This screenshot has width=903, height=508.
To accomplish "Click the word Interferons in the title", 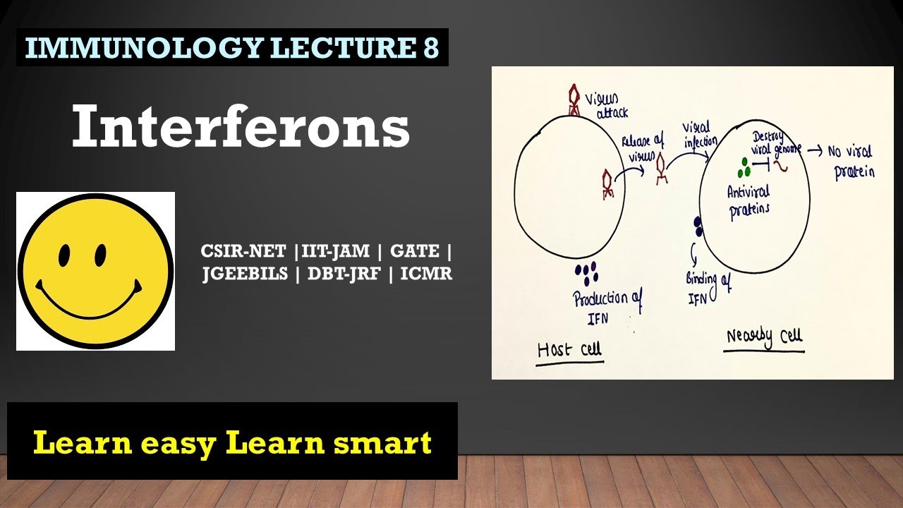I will pyautogui.click(x=241, y=127).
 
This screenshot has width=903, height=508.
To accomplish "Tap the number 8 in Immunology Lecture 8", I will pyautogui.click(x=431, y=47).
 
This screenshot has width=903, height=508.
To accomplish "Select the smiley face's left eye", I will pyautogui.click(x=64, y=255).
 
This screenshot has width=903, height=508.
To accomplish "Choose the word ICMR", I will pyautogui.click(x=426, y=274).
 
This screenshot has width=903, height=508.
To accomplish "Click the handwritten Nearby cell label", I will pyautogui.click(x=765, y=337).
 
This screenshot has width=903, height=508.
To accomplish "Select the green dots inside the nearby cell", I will pyautogui.click(x=743, y=169).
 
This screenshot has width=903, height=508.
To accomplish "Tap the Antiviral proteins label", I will pyautogui.click(x=748, y=199).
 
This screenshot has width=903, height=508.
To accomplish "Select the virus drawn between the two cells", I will pyautogui.click(x=662, y=170).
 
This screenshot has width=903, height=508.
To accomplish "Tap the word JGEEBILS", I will pyautogui.click(x=245, y=274).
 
